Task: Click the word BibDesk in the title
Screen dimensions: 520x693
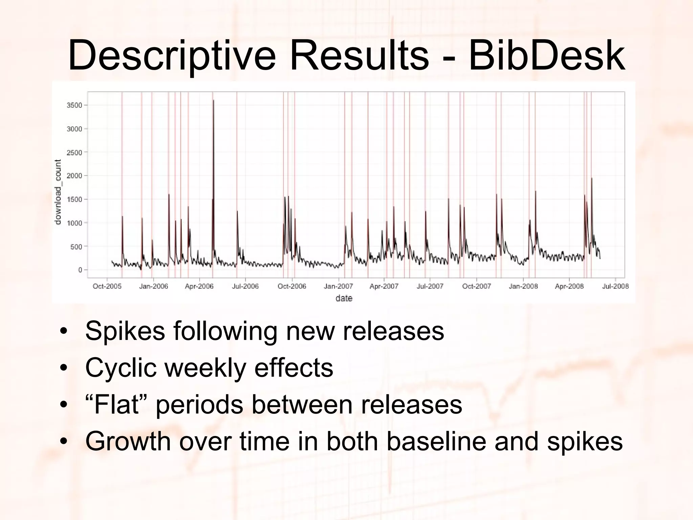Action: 547,56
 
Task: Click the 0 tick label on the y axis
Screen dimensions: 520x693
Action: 80,270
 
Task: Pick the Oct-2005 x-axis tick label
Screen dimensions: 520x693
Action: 107,286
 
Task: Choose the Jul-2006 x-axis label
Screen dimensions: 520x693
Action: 245,286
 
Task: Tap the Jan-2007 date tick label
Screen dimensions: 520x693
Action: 338,286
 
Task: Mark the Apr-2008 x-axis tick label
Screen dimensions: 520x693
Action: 569,286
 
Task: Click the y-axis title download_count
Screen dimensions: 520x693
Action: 58,192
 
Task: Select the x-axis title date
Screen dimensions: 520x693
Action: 344,298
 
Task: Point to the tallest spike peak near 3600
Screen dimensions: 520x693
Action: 214,101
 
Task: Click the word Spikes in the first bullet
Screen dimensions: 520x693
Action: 125,331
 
